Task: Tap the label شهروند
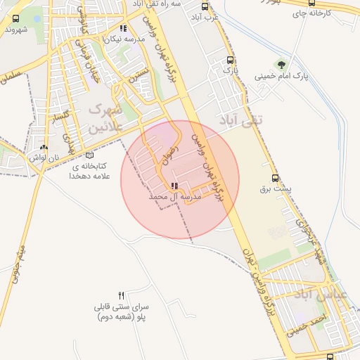pos(17,30)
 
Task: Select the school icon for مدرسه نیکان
pos(124,29)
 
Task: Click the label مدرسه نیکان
pos(124,39)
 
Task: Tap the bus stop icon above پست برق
pos(275,178)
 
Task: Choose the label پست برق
pos(275,188)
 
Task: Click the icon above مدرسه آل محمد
pos(174,186)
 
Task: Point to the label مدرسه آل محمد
pos(176,198)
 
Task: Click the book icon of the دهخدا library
pos(89,155)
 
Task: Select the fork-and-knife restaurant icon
pos(122,296)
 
